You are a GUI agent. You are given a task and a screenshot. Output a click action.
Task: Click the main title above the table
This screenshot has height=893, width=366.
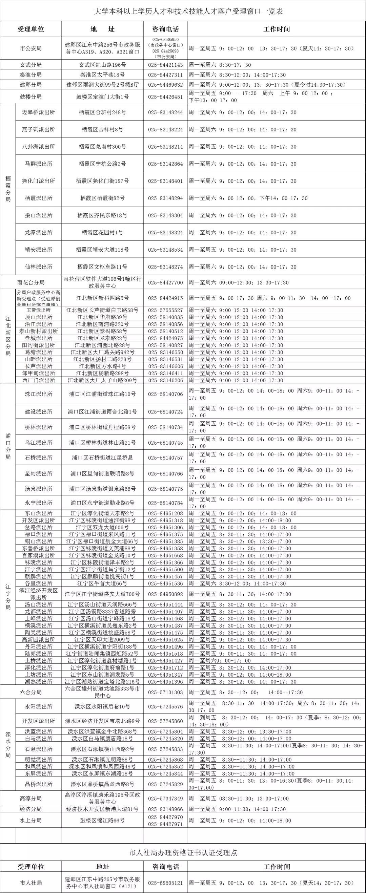tap(189, 11)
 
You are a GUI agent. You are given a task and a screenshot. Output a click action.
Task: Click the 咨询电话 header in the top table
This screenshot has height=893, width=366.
tap(165, 29)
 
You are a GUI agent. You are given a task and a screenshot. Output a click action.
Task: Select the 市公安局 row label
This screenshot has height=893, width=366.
tap(30, 48)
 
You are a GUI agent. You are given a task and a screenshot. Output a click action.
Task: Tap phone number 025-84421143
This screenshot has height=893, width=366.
tap(165, 65)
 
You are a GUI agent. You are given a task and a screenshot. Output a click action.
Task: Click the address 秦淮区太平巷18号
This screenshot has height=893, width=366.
tap(102, 75)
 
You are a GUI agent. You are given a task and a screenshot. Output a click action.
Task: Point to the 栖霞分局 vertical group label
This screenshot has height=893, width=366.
tap(8, 189)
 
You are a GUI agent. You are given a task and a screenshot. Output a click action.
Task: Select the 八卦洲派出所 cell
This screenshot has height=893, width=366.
tap(39, 147)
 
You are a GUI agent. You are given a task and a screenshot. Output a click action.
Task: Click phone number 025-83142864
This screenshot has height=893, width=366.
tap(165, 164)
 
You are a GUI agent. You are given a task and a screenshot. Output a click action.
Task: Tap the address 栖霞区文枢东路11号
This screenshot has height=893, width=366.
tap(102, 267)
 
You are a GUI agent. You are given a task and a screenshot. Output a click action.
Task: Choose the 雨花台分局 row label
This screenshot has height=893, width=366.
tap(30, 282)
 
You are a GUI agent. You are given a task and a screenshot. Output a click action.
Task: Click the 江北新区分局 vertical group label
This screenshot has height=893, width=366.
tap(8, 336)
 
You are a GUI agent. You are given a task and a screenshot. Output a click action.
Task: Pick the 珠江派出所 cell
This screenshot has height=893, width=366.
tap(39, 394)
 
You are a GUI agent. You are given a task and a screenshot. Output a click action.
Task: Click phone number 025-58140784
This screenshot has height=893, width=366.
tap(165, 503)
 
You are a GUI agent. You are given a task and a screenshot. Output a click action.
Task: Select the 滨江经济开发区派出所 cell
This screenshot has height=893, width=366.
tap(39, 594)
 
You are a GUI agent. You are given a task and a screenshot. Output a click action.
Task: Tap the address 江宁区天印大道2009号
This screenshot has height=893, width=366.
tap(102, 640)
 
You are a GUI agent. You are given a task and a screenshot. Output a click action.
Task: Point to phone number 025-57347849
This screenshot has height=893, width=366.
tap(165, 799)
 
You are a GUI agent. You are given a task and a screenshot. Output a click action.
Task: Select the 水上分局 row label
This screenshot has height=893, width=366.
tap(30, 821)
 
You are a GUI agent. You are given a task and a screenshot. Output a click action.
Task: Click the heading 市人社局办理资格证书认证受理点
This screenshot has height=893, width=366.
tap(183, 853)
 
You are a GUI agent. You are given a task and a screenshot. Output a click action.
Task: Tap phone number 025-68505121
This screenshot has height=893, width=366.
tap(165, 883)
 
